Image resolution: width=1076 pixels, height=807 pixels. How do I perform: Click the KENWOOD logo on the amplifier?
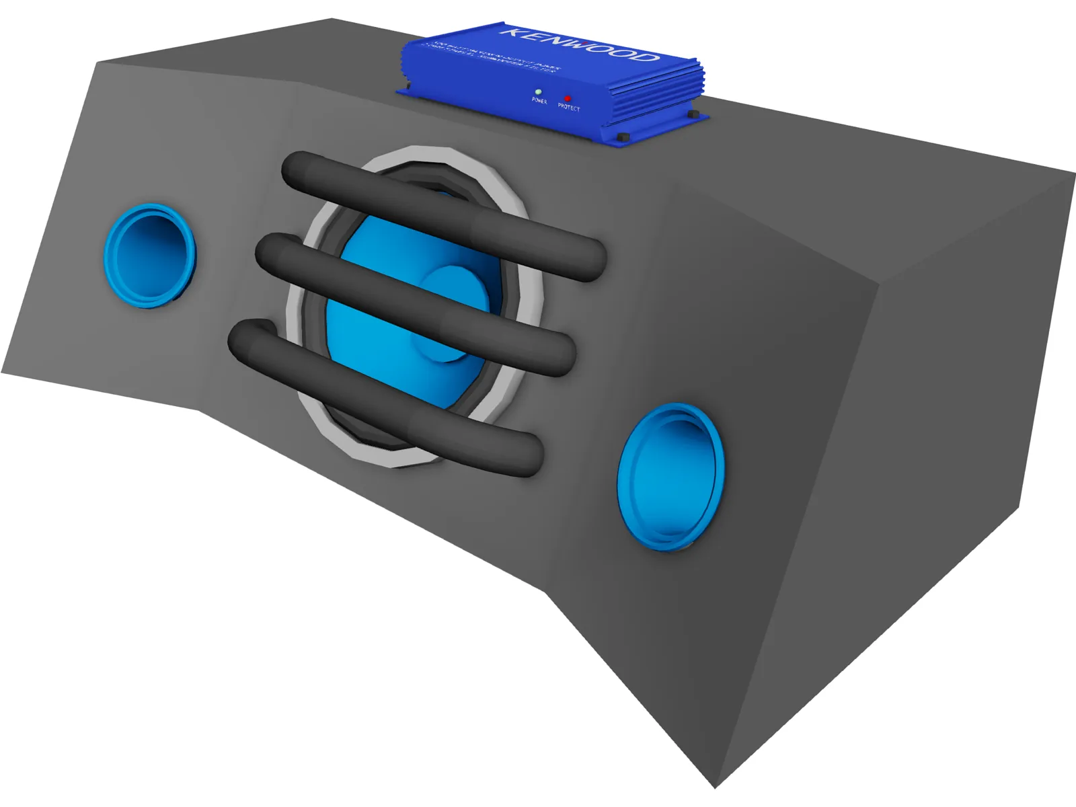coord(580,44)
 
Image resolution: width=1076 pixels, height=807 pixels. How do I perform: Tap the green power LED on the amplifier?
coord(537,91)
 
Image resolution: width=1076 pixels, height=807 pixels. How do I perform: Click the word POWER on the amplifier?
coord(539,101)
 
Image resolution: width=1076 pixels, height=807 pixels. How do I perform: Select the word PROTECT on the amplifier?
coord(568,108)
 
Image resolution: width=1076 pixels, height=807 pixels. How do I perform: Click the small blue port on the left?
coord(149,256)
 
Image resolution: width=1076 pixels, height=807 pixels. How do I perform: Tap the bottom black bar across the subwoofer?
coord(383,397)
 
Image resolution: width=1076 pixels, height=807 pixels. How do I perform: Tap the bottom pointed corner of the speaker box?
coord(716,785)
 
